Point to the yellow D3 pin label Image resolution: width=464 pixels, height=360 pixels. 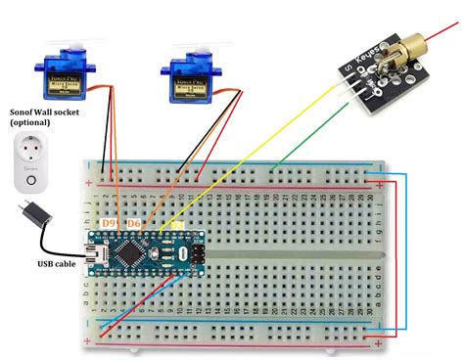coord(177,227)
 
